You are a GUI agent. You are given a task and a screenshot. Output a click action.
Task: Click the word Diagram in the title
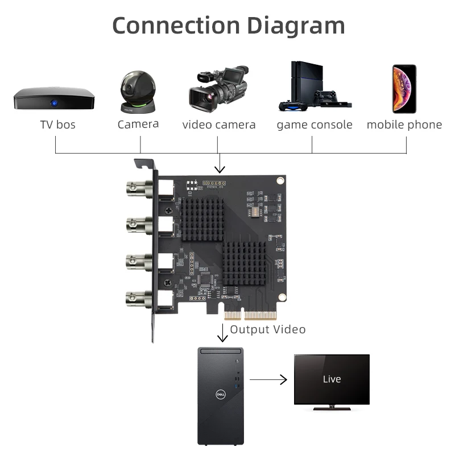296,26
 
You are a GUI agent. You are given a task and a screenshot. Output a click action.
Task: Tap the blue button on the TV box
54,103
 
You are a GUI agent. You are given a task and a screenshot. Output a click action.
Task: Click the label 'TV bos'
58,125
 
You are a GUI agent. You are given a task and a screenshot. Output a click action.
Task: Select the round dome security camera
138,92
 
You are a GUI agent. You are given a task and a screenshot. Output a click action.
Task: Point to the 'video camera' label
219,125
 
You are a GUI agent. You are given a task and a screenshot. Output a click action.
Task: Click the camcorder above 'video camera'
219,89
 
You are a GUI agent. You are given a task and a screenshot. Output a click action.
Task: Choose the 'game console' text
315,125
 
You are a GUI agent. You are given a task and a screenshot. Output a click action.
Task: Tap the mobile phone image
404,89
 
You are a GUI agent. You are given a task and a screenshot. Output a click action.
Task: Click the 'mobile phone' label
404,125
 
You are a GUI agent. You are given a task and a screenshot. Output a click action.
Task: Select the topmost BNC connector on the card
139,188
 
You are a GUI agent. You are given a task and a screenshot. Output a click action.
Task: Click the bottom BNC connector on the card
139,299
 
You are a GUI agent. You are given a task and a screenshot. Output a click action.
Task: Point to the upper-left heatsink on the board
202,220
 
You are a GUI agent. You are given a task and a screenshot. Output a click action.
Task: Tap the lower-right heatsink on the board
245,263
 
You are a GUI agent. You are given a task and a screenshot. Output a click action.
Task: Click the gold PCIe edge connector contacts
250,315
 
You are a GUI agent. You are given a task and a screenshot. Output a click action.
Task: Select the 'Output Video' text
267,330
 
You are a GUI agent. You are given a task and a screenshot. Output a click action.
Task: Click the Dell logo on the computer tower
221,394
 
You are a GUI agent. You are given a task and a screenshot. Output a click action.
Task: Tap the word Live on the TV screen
332,379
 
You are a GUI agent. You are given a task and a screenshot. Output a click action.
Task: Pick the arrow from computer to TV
268,379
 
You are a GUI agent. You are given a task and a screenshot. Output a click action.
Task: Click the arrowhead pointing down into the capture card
220,169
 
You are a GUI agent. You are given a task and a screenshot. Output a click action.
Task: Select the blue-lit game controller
293,106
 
